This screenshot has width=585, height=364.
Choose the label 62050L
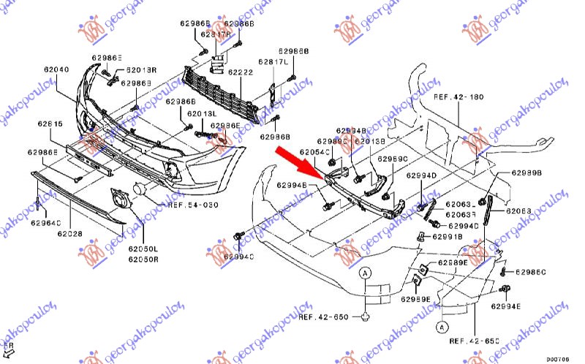point(143,249)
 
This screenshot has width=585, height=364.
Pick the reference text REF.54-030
point(193,205)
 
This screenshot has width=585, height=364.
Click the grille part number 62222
point(240,72)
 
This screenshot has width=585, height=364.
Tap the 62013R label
point(141,70)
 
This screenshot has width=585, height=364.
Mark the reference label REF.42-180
point(458,96)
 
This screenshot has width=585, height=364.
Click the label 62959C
point(393,158)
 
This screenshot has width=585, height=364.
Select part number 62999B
point(526,173)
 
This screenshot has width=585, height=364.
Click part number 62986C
point(530,272)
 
